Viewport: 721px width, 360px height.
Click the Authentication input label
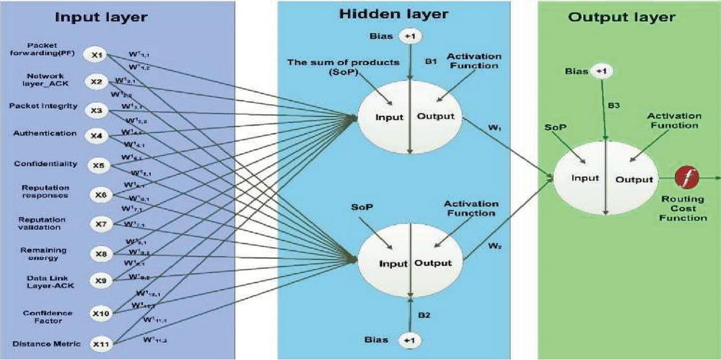click(x=45, y=133)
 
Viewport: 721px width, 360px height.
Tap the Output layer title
click(x=621, y=17)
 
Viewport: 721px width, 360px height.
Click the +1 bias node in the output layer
click(x=601, y=71)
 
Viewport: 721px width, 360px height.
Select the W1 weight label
click(x=494, y=128)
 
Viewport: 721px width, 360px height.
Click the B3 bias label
click(x=613, y=105)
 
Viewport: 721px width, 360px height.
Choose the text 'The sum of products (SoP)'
click(x=343, y=66)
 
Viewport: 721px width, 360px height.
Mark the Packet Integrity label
click(x=43, y=107)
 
